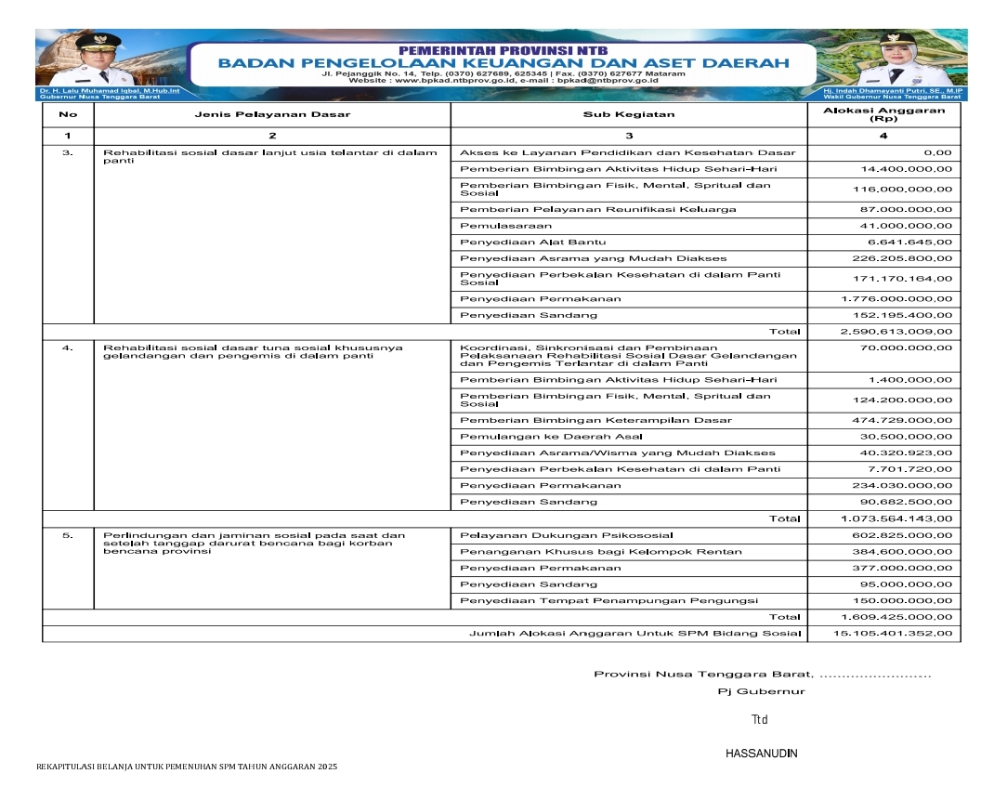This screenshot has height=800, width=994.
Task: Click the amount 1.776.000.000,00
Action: point(896,298)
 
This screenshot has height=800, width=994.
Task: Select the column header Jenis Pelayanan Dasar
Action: point(272,115)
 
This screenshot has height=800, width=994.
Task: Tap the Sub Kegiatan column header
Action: point(629,115)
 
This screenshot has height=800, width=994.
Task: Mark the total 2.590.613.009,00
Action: point(896,331)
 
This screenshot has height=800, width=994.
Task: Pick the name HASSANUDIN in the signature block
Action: point(761,754)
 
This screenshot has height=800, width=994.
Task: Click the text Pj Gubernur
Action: point(761,691)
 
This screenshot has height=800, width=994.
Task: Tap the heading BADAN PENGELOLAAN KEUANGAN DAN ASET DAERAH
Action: point(504,63)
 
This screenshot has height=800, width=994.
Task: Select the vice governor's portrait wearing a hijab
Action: point(896,61)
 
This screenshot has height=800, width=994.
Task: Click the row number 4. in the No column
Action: point(68,348)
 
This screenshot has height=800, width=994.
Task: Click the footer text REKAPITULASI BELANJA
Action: point(186,767)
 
